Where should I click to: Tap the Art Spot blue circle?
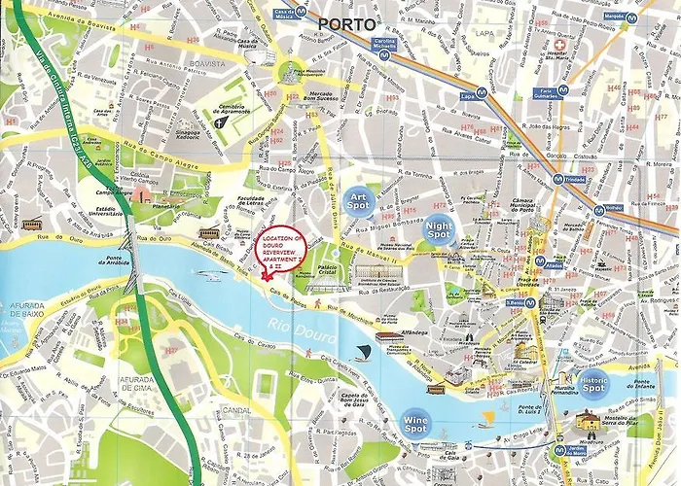[361, 197]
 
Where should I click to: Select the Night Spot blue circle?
[440, 229]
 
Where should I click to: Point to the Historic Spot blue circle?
[593, 383]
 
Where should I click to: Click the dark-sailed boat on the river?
[363, 350]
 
